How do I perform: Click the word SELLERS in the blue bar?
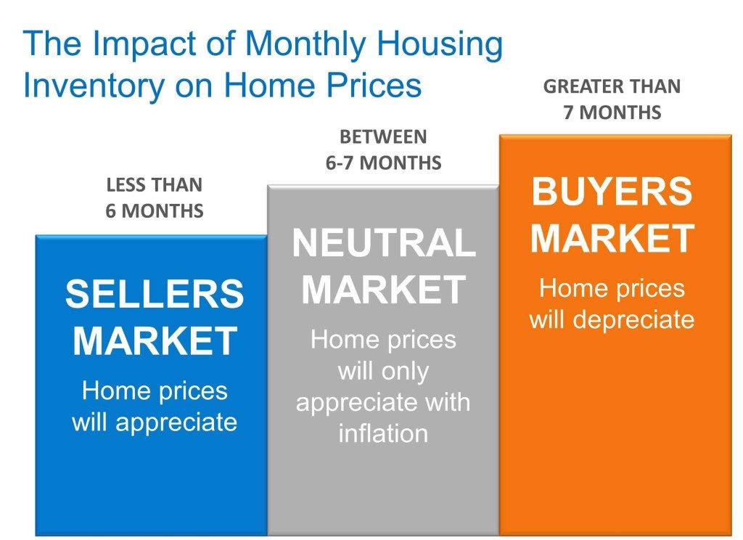(x=154, y=295)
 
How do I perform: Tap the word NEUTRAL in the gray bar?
(x=383, y=243)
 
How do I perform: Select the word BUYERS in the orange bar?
(x=612, y=192)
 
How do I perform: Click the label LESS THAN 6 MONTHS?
(x=154, y=198)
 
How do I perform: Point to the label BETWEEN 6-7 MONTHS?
(x=383, y=150)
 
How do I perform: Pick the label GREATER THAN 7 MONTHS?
(x=612, y=99)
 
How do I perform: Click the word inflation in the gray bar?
(x=383, y=434)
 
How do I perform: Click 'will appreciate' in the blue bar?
(x=154, y=422)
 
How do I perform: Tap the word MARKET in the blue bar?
(x=154, y=341)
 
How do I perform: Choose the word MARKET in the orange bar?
(x=612, y=239)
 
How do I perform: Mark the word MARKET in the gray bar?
(x=383, y=290)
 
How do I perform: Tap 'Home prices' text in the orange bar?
(x=612, y=288)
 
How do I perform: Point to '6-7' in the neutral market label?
(x=343, y=163)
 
